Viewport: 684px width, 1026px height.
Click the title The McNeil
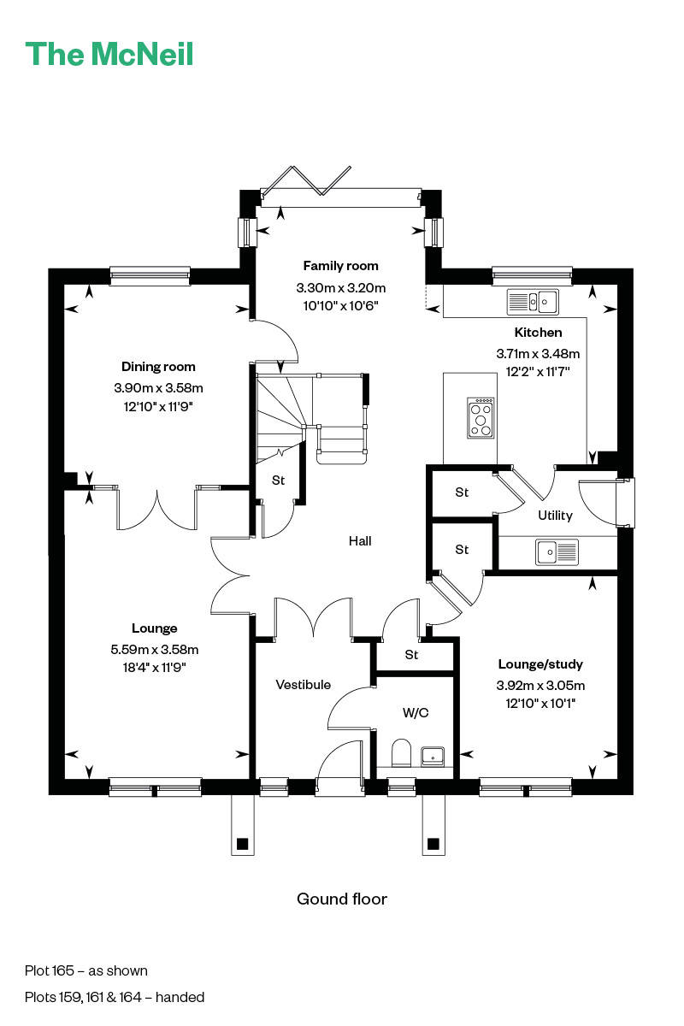(109, 54)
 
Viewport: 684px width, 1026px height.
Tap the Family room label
(340, 266)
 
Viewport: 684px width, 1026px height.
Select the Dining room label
(158, 367)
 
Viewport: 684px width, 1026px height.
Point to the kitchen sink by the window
(532, 301)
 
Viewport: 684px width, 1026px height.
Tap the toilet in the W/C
(402, 753)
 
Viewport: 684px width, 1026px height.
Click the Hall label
(360, 541)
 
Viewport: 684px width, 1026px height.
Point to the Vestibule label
(303, 685)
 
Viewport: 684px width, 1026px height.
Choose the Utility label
(555, 516)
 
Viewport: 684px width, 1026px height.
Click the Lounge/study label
(540, 664)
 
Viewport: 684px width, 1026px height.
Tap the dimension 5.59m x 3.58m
(154, 650)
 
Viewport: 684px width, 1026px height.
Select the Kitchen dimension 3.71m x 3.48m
(538, 353)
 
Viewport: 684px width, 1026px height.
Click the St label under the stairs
(278, 481)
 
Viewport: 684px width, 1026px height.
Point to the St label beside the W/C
(412, 656)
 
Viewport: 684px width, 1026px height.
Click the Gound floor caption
(342, 899)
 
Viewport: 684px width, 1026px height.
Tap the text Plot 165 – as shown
(86, 970)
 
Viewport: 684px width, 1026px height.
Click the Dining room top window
(150, 274)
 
